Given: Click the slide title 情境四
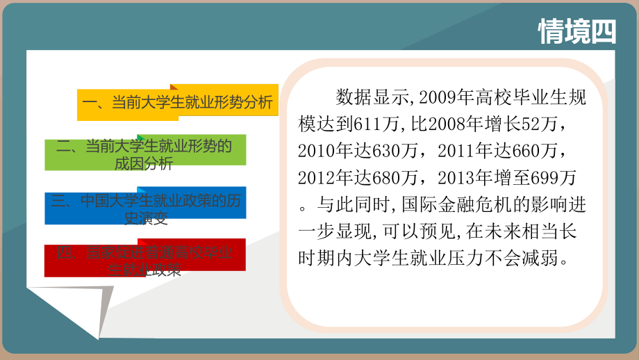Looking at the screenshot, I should pyautogui.click(x=577, y=31).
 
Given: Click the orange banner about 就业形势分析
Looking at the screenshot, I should pyautogui.click(x=178, y=104).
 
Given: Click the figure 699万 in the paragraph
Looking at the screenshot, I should pyautogui.click(x=552, y=178).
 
